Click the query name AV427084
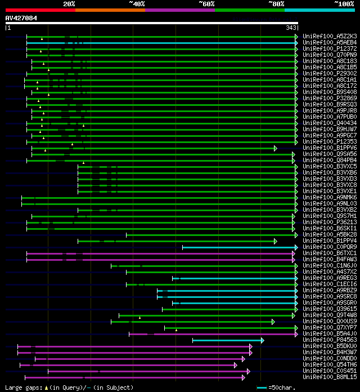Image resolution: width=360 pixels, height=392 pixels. (x=21, y=18)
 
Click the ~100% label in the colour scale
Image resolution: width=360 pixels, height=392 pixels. (x=344, y=4)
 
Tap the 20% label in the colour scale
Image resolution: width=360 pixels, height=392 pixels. (x=69, y=4)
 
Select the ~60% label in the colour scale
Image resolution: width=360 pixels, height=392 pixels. (x=206, y=4)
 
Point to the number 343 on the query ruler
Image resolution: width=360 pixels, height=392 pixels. (x=291, y=28)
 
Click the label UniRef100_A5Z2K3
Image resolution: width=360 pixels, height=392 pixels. (x=330, y=37)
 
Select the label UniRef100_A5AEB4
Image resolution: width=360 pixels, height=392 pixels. (x=330, y=43)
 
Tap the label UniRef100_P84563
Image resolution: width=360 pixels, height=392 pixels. (x=330, y=340)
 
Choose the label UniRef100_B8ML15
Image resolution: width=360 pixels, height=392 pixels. (x=330, y=377)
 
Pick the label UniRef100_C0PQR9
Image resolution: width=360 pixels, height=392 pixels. (x=330, y=247)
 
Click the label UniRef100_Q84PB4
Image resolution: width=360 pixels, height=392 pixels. (x=330, y=161)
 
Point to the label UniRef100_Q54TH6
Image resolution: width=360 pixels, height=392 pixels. (x=330, y=365)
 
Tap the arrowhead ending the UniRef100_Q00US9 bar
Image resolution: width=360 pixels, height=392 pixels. (x=273, y=322)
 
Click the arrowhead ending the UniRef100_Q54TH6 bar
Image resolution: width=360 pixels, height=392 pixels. (x=236, y=365)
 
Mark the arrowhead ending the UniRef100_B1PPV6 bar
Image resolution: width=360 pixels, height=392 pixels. (x=276, y=148)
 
